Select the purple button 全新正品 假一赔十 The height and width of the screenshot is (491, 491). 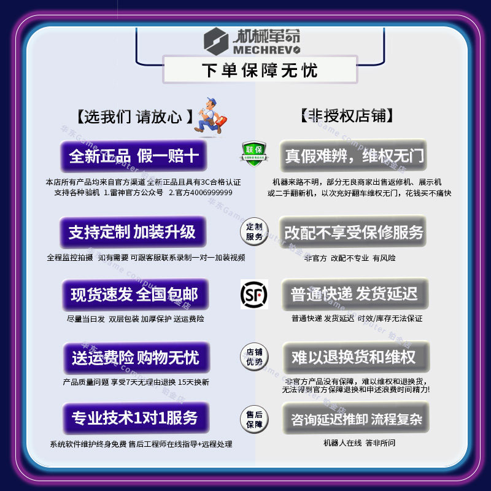(133, 156)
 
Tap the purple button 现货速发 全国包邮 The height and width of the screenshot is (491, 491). (134, 295)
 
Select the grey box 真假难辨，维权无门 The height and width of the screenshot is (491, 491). (354, 155)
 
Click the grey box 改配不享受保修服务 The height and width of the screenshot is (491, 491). (354, 232)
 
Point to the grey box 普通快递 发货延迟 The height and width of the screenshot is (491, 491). (354, 295)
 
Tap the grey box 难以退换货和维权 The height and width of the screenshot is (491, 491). (354, 357)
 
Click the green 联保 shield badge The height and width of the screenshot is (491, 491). (253, 152)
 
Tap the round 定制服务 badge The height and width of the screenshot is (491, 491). (253, 231)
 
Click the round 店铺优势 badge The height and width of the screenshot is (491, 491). (253, 357)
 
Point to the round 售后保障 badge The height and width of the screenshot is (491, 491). (253, 419)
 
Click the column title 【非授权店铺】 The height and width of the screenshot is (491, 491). (347, 115)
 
